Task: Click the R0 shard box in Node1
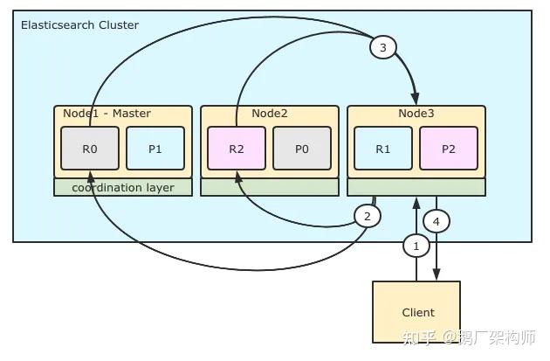tap(90, 149)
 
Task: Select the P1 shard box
tap(155, 149)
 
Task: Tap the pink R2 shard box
tap(237, 149)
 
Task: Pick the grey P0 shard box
tap(302, 149)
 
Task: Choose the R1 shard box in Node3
tap(383, 149)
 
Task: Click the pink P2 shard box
tap(449, 149)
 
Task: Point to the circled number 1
tap(416, 246)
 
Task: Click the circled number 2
tap(368, 216)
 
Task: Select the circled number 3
tap(382, 47)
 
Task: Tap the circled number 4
tap(437, 221)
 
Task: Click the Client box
tap(417, 312)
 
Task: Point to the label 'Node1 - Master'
tap(107, 114)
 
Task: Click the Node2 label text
tap(270, 114)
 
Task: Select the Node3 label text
tap(416, 114)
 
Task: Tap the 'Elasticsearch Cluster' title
tap(79, 25)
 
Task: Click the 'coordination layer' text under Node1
tap(122, 188)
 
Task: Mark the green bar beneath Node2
tap(270, 188)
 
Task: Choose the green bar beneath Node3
tap(416, 188)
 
